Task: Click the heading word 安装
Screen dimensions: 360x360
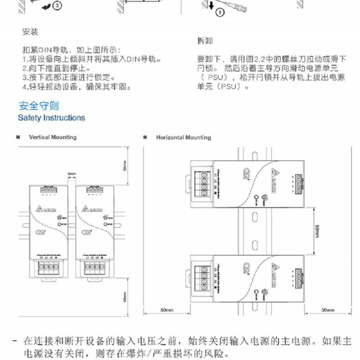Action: pyautogui.click(x=30, y=32)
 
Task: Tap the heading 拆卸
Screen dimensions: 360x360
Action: pyautogui.click(x=205, y=40)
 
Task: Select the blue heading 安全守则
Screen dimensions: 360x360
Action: pyautogui.click(x=39, y=106)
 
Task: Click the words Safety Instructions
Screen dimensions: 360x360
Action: pyautogui.click(x=51, y=118)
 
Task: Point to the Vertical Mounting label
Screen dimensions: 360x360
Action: pyautogui.click(x=53, y=137)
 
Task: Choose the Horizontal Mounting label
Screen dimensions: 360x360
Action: pyautogui.click(x=183, y=137)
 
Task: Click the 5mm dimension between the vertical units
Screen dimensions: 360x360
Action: pyautogui.click(x=72, y=173)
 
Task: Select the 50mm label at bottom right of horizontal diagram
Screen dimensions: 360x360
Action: pyautogui.click(x=328, y=310)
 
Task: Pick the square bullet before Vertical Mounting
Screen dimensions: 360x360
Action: pyautogui.click(x=18, y=137)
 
